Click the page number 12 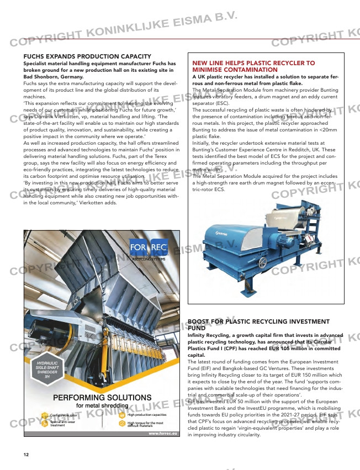point(26,455)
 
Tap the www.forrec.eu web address point(162,435)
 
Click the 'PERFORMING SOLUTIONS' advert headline point(102,398)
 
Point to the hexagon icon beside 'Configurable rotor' point(44,415)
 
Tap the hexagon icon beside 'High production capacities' point(122,415)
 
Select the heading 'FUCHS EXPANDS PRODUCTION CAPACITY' point(87,56)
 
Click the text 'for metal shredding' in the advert point(102,406)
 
